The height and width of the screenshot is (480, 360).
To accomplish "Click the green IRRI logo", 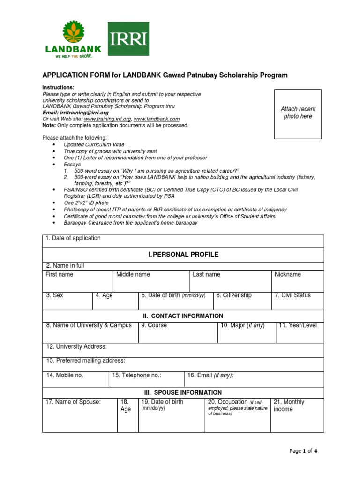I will point(128,39).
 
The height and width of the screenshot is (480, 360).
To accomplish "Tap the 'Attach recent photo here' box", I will point(298,113).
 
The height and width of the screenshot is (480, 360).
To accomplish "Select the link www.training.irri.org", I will point(107,119).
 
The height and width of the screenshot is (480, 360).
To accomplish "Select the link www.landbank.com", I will point(157,119).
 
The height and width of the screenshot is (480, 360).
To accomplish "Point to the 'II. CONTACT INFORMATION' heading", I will point(183,316).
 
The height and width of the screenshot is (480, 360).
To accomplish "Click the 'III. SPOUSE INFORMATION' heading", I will point(183,392).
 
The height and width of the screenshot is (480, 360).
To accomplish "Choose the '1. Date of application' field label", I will point(73,238).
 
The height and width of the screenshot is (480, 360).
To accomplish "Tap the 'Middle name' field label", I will point(133,275).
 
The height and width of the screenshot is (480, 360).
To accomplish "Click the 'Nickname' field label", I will point(288,275).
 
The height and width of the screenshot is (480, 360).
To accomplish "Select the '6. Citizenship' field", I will point(234,295).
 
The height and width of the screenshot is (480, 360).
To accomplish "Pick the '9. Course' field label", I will point(154,325).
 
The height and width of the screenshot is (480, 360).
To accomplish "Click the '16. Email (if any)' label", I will point(210,375).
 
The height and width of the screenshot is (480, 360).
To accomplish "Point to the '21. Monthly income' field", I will point(289,405).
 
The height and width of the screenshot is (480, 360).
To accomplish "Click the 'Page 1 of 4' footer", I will point(303,451).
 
